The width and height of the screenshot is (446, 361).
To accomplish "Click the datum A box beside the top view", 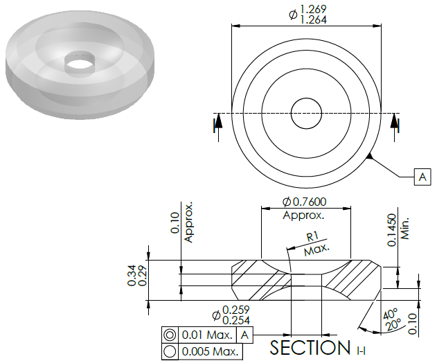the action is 422,177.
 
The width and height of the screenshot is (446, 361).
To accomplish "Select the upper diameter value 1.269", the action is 313,9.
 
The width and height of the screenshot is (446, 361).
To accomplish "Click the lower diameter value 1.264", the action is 313,19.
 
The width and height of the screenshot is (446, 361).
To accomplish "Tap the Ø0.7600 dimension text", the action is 304,202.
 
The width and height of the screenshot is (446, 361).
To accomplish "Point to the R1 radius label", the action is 312,237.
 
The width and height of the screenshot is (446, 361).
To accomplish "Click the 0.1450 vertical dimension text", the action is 392,230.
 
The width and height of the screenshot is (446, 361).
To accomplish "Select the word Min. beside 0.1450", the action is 404,229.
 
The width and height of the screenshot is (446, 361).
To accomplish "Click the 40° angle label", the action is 390,314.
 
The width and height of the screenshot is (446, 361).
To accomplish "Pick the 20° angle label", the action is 393,324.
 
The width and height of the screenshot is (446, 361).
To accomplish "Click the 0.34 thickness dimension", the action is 132,275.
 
